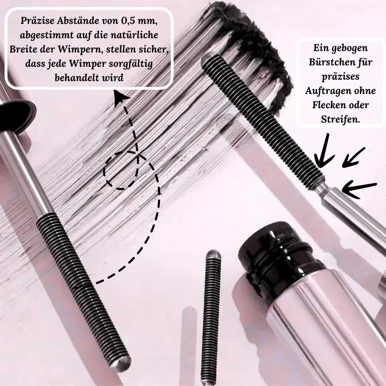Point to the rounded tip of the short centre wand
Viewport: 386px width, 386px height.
[x=213, y=254]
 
